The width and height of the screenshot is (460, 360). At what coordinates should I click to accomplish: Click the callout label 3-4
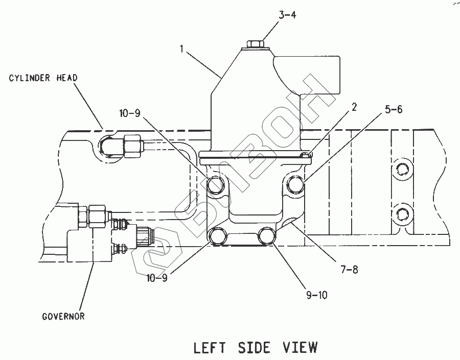click(x=287, y=15)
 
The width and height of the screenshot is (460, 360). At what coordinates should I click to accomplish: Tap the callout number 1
click(x=182, y=49)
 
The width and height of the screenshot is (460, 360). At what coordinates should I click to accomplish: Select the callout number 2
click(x=354, y=107)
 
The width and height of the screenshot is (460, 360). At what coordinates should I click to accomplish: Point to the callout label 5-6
click(x=394, y=109)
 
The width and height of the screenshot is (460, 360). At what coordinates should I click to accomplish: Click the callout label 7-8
click(x=350, y=269)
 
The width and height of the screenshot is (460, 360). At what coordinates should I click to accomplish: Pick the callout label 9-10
click(x=317, y=295)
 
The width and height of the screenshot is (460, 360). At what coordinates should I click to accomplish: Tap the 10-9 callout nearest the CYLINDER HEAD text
click(x=130, y=113)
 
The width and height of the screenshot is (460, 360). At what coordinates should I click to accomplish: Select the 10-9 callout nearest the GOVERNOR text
click(x=157, y=278)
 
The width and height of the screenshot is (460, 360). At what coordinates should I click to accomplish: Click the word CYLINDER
click(x=29, y=78)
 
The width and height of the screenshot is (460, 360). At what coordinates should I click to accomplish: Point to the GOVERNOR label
click(x=63, y=317)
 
